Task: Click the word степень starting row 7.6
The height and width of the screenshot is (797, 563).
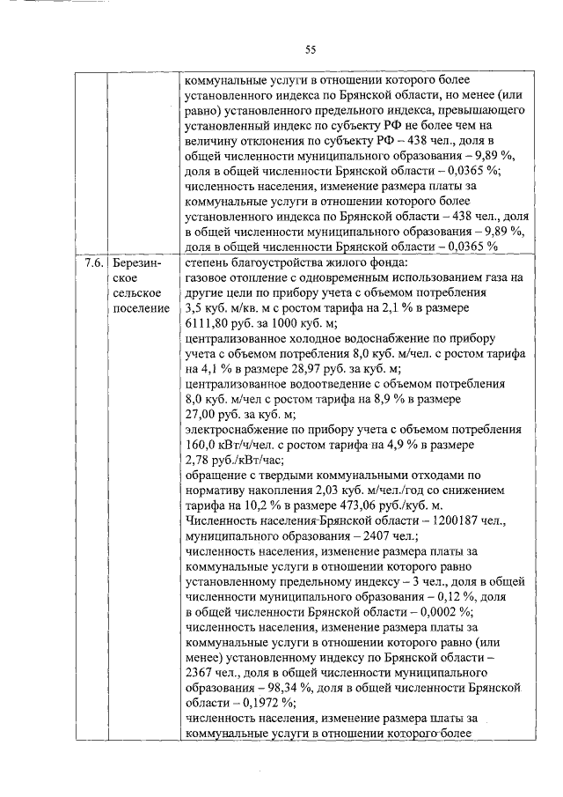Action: pos(208,262)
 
